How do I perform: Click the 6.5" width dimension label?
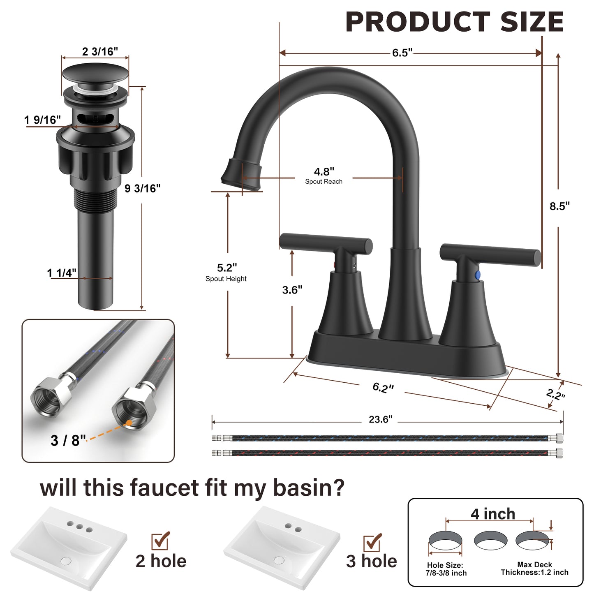(x=402, y=53)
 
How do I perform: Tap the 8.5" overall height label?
(x=559, y=206)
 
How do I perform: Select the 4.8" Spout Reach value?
(x=324, y=171)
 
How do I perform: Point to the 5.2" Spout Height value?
(x=227, y=268)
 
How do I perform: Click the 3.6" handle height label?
(x=292, y=290)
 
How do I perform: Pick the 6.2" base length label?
(x=383, y=387)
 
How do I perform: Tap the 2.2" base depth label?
(x=555, y=394)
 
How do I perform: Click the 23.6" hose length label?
(x=380, y=419)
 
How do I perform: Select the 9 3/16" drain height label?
(x=142, y=188)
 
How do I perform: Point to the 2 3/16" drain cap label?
(x=100, y=51)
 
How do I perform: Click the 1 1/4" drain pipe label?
(x=61, y=273)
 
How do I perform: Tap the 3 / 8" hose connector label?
(x=68, y=440)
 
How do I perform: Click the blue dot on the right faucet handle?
(x=477, y=275)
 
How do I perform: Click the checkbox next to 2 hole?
(x=160, y=541)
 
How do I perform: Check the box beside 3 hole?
(x=372, y=543)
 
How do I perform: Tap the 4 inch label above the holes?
(x=492, y=514)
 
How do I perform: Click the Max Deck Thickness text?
(x=534, y=569)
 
